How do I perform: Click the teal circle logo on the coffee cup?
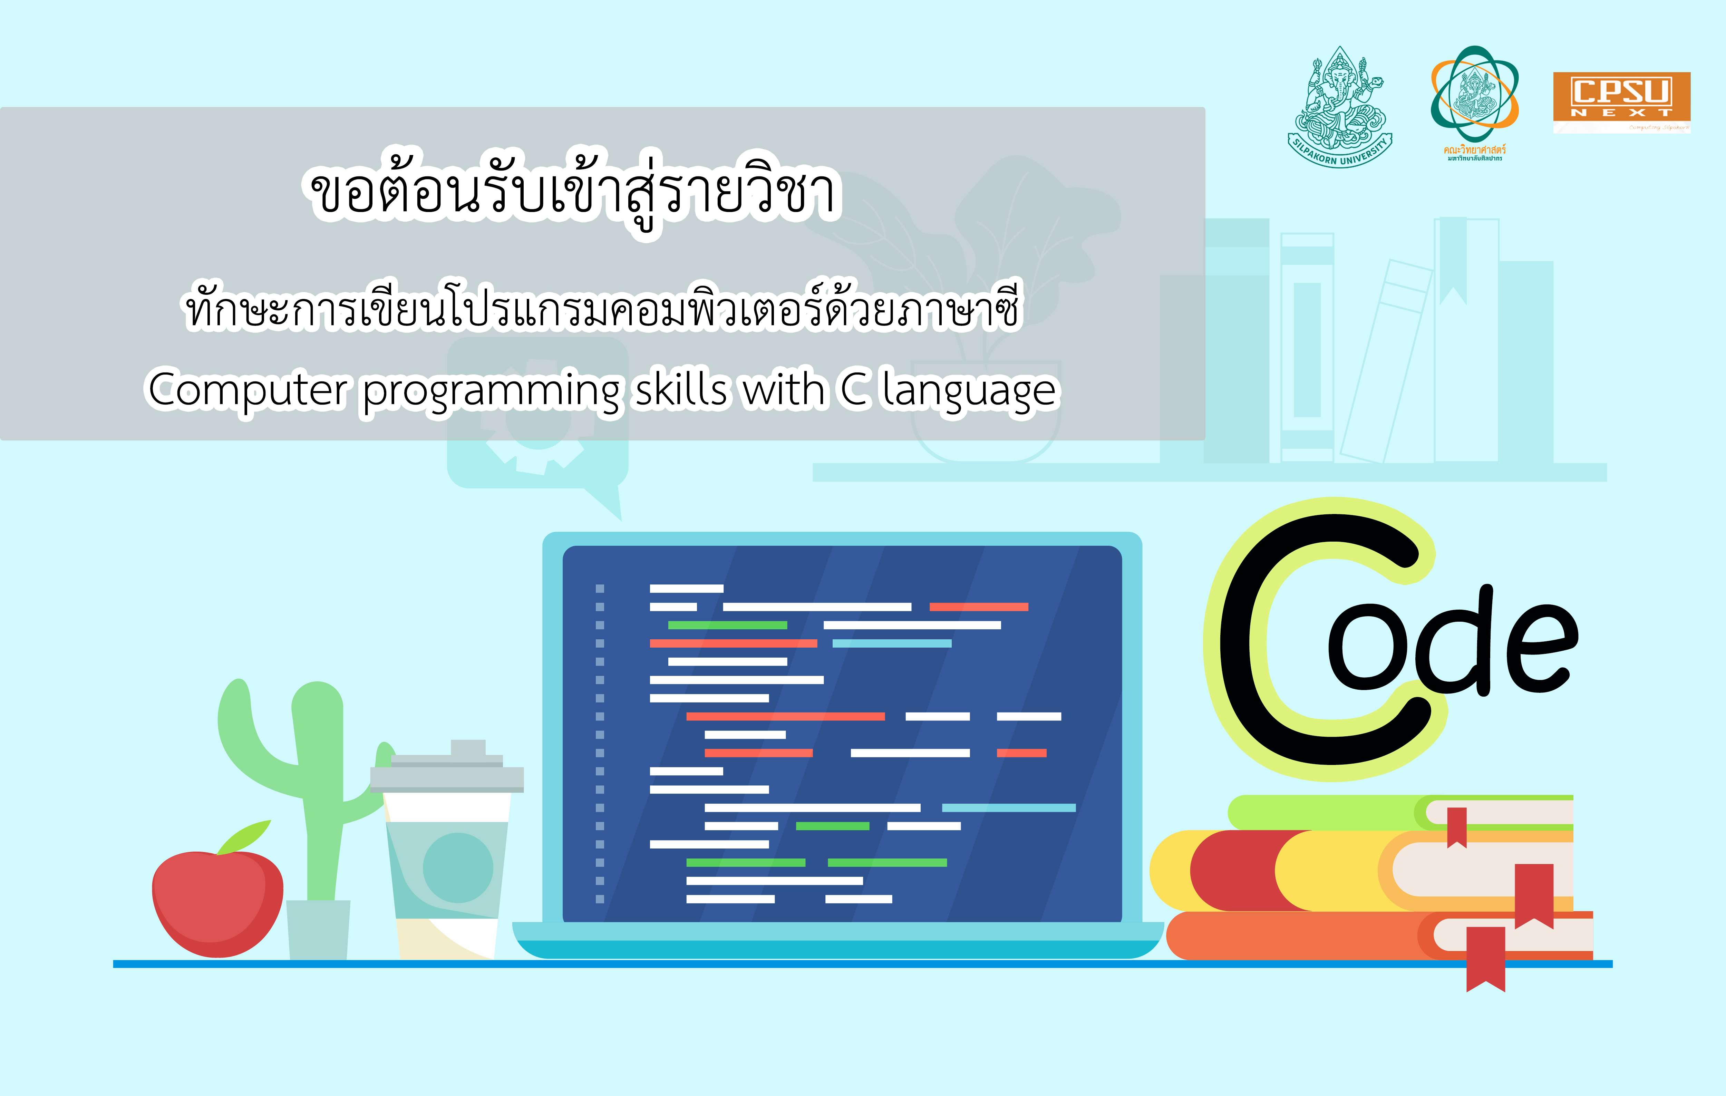click(x=457, y=867)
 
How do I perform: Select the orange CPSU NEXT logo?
click(x=1621, y=102)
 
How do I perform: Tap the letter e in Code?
click(x=1541, y=649)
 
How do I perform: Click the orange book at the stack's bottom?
click(x=1290, y=935)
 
